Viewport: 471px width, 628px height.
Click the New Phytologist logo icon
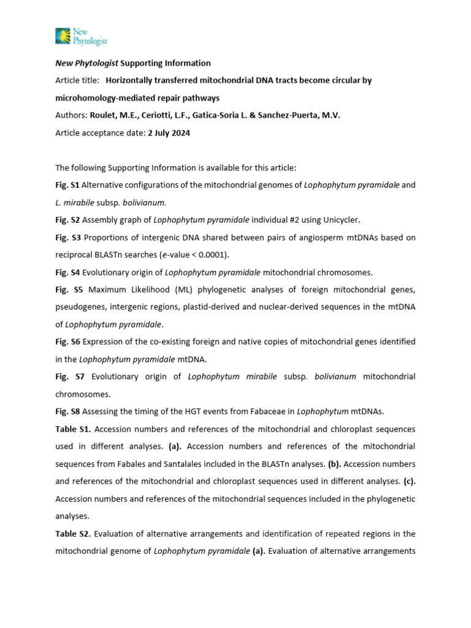coord(63,36)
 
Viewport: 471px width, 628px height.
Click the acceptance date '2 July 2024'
coord(169,133)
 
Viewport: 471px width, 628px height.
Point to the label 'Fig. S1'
coord(67,185)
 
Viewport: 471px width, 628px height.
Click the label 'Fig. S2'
coord(67,219)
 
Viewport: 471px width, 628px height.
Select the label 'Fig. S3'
coord(67,237)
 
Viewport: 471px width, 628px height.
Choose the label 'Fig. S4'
coord(67,272)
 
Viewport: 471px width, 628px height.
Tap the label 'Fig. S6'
coord(67,341)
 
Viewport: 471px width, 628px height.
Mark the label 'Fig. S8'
coord(67,411)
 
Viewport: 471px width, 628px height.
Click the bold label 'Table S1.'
coord(74,429)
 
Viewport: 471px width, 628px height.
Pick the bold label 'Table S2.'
coord(74,533)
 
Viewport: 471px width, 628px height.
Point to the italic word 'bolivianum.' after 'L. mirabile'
coord(145,202)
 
